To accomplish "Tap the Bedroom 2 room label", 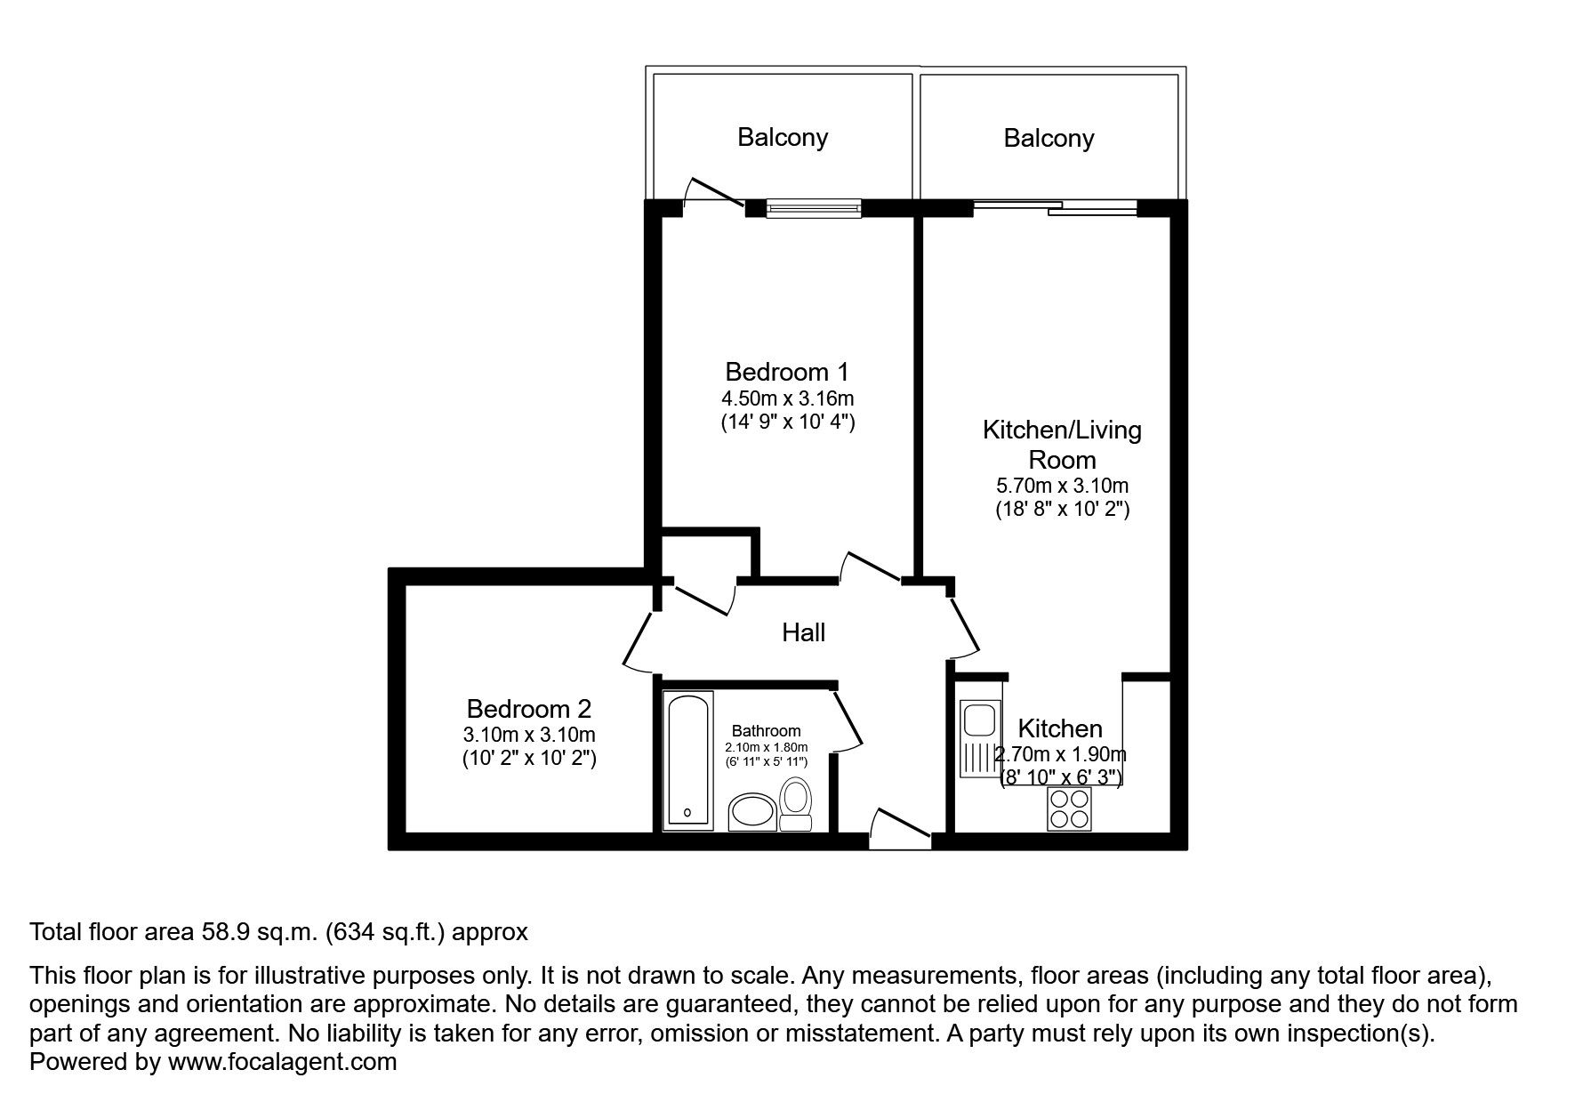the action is coord(529,709).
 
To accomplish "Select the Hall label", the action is coord(804,632).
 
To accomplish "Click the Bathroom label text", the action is coord(767,731).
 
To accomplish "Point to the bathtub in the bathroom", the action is coord(688,760).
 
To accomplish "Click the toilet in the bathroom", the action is coord(794,805).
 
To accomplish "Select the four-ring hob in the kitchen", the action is coord(1069,809).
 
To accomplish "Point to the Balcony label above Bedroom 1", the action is coord(783,137).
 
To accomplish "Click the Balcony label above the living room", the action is coord(1049,138).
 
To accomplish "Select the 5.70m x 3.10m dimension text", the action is coord(1063,486).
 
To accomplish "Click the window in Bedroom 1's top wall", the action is coord(815,207).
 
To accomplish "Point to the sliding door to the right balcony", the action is coord(1055,208).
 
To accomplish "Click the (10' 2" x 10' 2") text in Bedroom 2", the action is coord(529,759).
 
